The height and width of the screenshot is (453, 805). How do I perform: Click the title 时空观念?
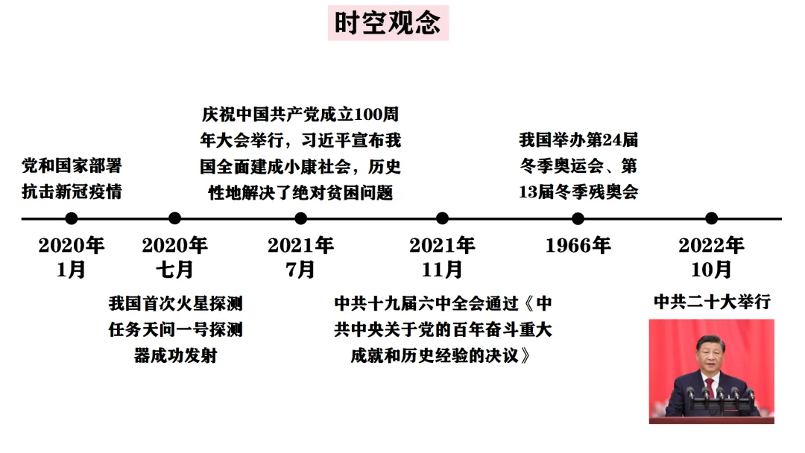[x=388, y=22]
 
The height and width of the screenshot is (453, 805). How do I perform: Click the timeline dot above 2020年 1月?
[x=72, y=218]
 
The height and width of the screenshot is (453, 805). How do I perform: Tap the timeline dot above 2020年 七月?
[x=174, y=218]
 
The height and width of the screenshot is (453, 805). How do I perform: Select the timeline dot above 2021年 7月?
[x=300, y=218]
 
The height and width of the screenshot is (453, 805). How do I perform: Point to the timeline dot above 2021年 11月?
[x=442, y=218]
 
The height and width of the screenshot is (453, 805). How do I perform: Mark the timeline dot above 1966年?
[x=578, y=218]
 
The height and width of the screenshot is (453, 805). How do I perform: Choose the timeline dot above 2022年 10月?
[x=711, y=218]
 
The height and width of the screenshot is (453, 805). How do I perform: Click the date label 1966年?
[x=578, y=245]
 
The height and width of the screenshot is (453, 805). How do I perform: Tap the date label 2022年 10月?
[x=711, y=256]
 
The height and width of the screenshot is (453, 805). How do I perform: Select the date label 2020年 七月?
[x=174, y=256]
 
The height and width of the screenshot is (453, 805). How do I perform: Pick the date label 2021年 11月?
[x=442, y=256]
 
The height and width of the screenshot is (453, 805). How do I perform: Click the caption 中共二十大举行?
[x=711, y=302]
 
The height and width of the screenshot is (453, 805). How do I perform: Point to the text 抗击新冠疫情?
[x=72, y=191]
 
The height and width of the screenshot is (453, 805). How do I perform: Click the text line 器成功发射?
[x=175, y=355]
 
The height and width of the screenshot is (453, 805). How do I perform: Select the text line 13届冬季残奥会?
[x=578, y=191]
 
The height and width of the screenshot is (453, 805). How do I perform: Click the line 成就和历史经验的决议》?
[x=443, y=355]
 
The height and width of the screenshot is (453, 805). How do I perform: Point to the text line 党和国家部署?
[x=72, y=165]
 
